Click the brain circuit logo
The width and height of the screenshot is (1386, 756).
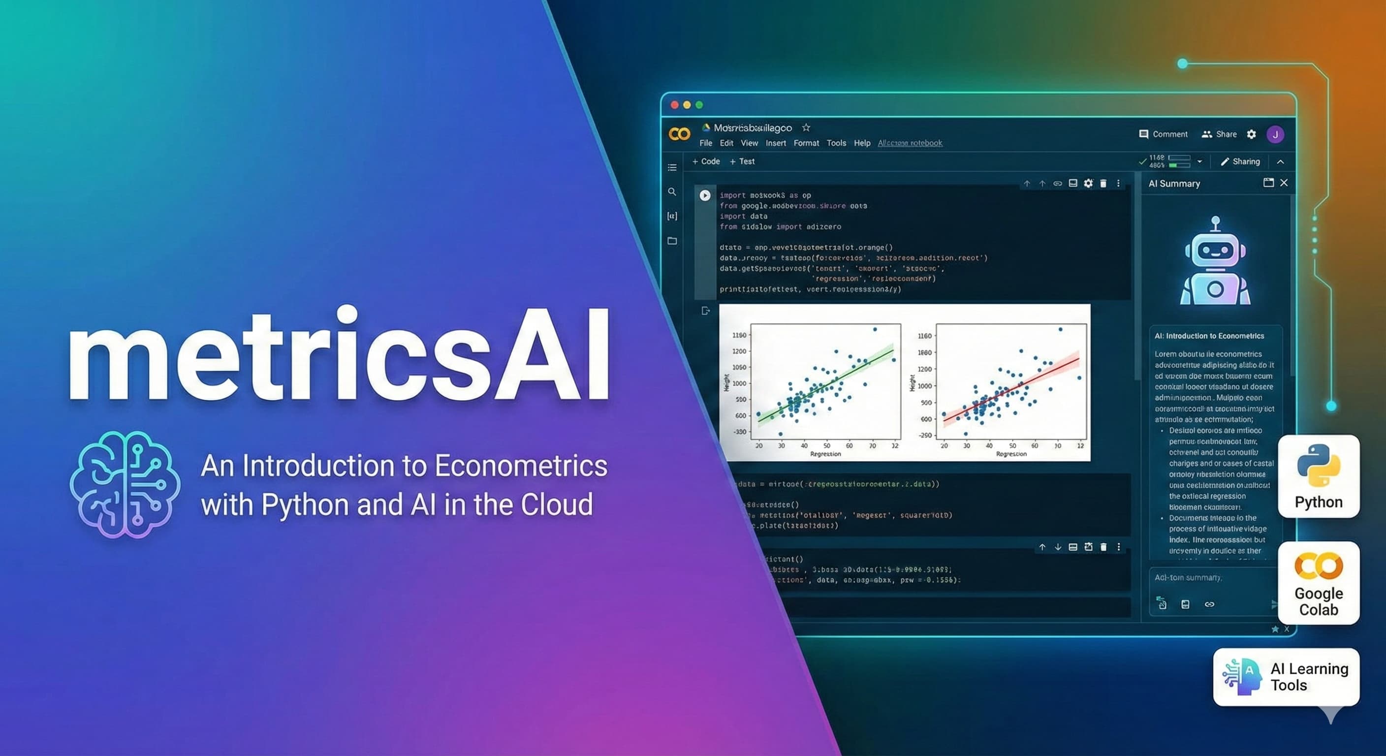[x=125, y=484]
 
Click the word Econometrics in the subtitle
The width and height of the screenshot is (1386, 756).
[x=521, y=466]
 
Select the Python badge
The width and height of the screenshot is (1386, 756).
[x=1318, y=476]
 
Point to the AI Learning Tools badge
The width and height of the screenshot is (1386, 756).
[x=1286, y=676]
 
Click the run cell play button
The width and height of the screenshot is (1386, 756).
[x=705, y=195]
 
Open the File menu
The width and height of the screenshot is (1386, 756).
[x=705, y=143]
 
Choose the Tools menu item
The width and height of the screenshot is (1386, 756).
[x=836, y=143]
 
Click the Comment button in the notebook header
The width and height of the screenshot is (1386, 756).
[x=1163, y=134]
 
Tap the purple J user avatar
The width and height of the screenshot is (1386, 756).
[x=1275, y=134]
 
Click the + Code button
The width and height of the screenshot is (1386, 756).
[x=706, y=161]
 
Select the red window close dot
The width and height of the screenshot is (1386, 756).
[x=675, y=105]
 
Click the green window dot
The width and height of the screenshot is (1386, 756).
[x=699, y=105]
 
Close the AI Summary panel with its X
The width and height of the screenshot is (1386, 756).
[x=1284, y=183]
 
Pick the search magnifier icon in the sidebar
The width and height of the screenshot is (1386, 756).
[x=672, y=191]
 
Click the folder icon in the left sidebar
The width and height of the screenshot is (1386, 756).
[x=672, y=241]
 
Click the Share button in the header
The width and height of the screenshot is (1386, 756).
[x=1219, y=134]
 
